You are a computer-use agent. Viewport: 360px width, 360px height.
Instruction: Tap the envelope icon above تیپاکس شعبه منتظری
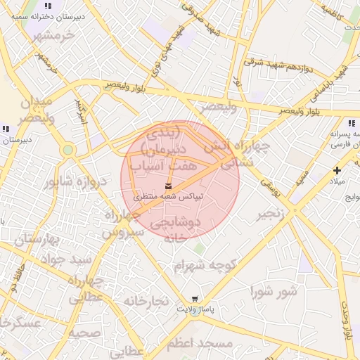point(167,185)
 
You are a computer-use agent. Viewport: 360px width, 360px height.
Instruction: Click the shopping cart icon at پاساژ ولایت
point(195,298)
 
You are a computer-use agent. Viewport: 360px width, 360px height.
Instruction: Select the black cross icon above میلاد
point(337,170)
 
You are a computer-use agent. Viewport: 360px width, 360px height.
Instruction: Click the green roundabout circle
point(67,150)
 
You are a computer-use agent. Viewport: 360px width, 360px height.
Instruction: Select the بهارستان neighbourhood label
point(28,240)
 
